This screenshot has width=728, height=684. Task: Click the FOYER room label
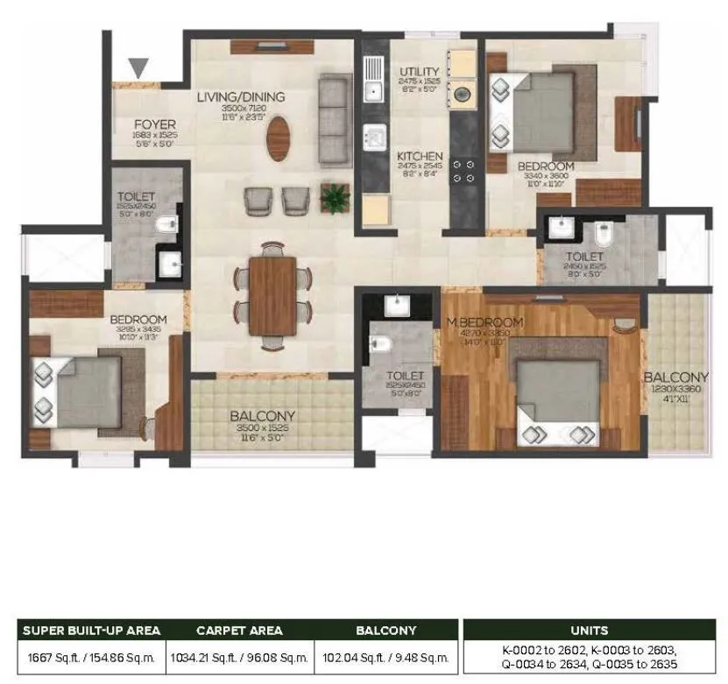(155, 124)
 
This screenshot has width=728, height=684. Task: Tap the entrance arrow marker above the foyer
(138, 67)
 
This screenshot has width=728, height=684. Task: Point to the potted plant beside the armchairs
(335, 198)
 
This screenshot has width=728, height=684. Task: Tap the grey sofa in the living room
(335, 121)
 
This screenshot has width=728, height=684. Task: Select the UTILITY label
(419, 72)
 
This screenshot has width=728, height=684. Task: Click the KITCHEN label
(420, 157)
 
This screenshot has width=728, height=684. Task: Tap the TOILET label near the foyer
(136, 197)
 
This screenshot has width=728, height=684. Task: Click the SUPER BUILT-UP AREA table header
(91, 630)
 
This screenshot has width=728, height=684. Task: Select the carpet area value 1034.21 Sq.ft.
(238, 656)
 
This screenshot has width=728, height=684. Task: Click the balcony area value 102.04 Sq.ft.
(385, 656)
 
